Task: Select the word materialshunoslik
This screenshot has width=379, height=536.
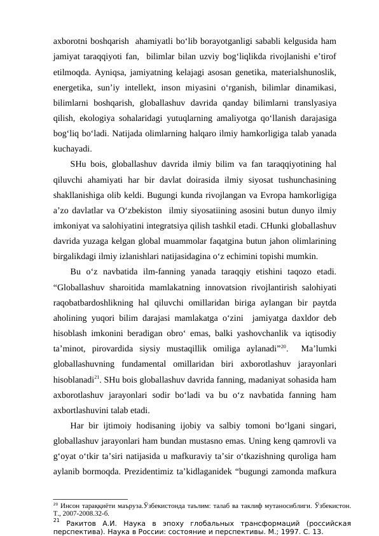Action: click(x=305, y=69)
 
